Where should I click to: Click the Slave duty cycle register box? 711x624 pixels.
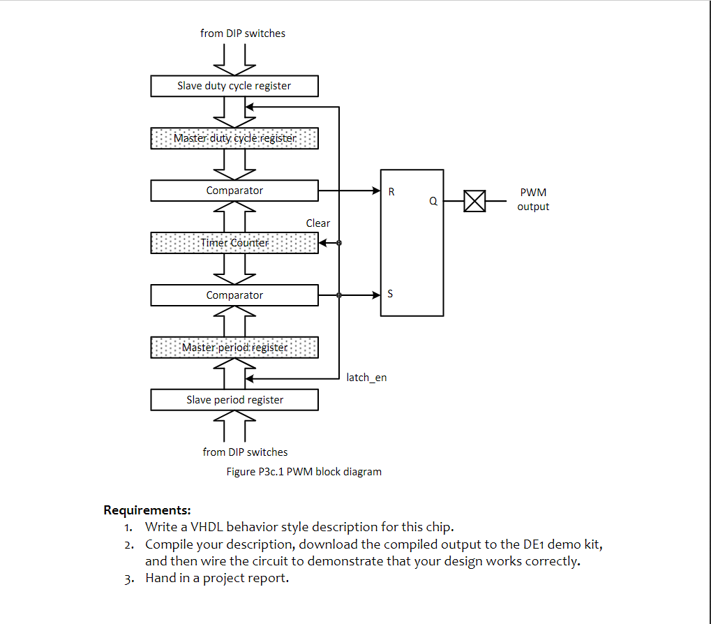coord(234,86)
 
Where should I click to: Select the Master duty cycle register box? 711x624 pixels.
coord(234,138)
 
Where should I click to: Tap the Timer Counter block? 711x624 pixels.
coord(234,243)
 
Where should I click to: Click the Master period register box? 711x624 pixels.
coord(234,348)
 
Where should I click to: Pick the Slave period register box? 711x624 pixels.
coord(234,400)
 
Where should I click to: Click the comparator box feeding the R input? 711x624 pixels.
coord(234,191)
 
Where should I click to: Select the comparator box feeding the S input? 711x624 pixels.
coord(234,295)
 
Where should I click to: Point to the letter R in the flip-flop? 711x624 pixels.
coord(391,191)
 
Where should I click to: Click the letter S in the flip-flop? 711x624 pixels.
coord(390,294)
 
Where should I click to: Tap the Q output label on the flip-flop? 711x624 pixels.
coord(433,201)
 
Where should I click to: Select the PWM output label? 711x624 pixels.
coord(533,199)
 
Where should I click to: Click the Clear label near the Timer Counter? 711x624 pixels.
coord(317,223)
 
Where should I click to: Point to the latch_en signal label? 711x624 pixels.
coord(366,378)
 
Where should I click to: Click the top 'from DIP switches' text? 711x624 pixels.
coord(243,33)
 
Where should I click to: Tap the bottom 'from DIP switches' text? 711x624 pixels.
coord(245,452)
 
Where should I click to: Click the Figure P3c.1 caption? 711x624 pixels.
coord(304,472)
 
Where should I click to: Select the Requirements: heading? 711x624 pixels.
coord(147,510)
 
